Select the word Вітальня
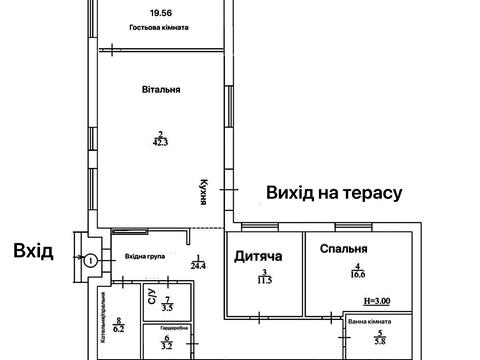(x=161, y=89)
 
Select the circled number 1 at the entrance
(x=90, y=261)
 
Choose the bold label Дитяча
(x=258, y=256)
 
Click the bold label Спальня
(x=344, y=249)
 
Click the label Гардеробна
(x=167, y=327)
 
